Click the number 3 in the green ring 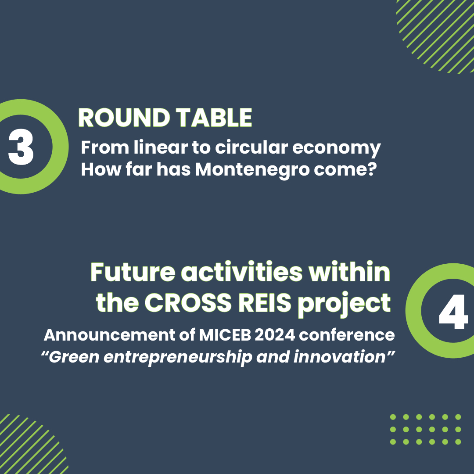[21, 147]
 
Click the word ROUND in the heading [124, 118]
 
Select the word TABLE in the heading [214, 118]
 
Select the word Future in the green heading [133, 272]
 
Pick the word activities [241, 272]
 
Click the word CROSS [188, 303]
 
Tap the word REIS [265, 303]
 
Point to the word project [345, 305]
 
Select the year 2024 [275, 335]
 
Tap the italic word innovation [339, 357]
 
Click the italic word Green [74, 357]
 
